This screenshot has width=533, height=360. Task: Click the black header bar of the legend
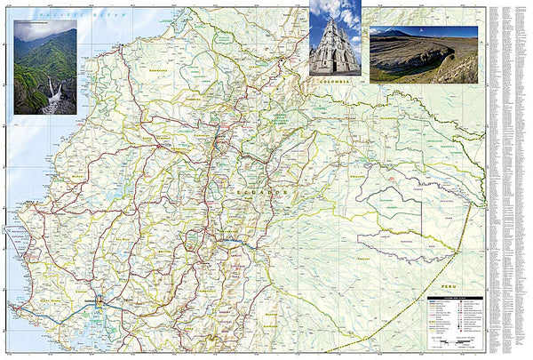[x=454, y=298]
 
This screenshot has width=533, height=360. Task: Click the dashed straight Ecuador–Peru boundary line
[x=418, y=302]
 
